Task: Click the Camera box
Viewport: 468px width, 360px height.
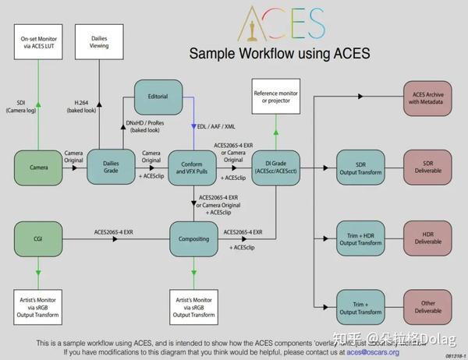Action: click(x=38, y=168)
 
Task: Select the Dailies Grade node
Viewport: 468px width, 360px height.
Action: click(x=110, y=168)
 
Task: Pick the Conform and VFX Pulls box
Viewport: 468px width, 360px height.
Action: click(x=192, y=168)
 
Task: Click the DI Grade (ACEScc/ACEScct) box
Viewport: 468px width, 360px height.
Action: click(x=275, y=168)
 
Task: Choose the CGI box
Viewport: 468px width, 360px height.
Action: click(x=38, y=239)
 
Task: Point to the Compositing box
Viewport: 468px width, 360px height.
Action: click(x=192, y=239)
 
